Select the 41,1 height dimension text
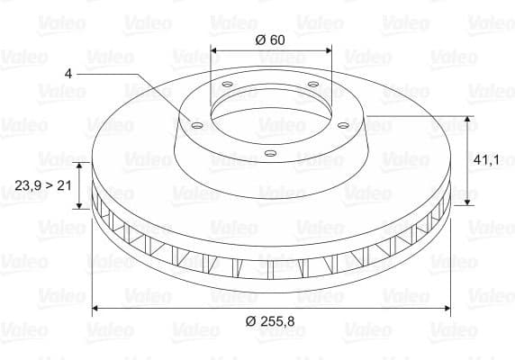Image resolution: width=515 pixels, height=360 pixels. [x=486, y=159]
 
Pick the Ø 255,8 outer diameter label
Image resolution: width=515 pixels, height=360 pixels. [x=272, y=321]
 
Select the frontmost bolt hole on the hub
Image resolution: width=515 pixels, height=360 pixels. [x=268, y=154]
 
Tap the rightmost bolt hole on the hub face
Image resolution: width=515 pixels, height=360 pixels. [x=346, y=125]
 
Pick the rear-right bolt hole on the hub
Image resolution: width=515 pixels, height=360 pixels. [x=312, y=85]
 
